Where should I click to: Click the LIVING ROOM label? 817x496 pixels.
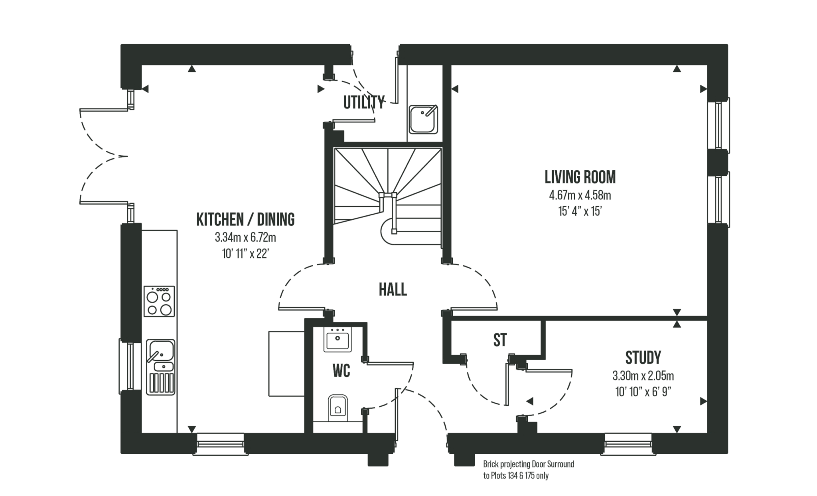point(580,177)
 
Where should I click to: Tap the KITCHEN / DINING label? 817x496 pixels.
point(245,220)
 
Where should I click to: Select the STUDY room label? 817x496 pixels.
point(643,358)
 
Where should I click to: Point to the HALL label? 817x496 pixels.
point(393,289)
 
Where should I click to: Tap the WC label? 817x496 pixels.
point(341,372)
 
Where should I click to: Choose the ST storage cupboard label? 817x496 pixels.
point(499,340)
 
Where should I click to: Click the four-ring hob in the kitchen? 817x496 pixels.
point(159,301)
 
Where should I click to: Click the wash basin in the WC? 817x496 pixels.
point(338,339)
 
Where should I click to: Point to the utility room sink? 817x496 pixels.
point(423,119)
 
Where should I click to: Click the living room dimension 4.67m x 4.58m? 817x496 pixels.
point(580,196)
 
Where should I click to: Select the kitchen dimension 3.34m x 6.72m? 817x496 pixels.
point(245,238)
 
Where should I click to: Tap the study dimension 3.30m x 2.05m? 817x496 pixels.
point(643,376)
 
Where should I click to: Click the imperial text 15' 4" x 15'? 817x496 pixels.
point(580,211)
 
